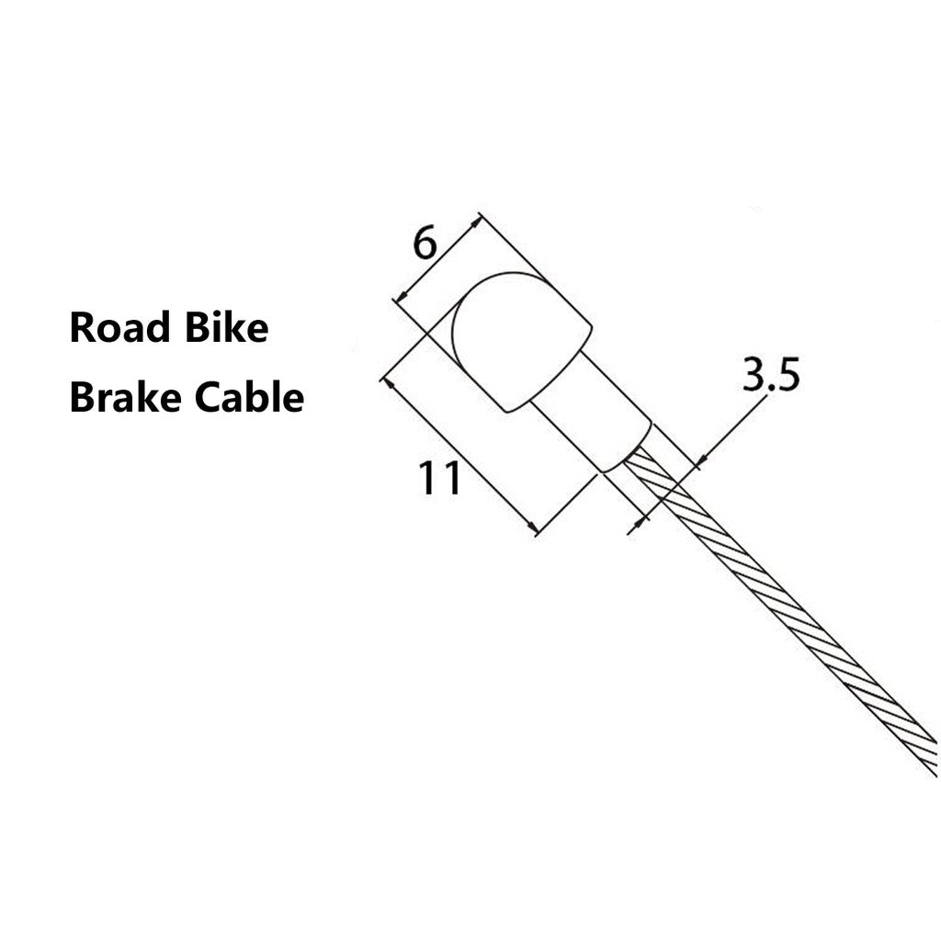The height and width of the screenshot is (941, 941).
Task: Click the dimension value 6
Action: [x=425, y=244]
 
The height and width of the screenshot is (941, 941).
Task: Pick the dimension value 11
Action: [x=440, y=478]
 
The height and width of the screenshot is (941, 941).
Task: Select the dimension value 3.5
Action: [x=771, y=375]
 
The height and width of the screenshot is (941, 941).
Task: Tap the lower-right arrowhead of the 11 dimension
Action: [x=532, y=527]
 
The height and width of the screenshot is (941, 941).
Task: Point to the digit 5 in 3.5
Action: [x=788, y=375]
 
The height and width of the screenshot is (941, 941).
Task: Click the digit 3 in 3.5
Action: [x=754, y=375]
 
